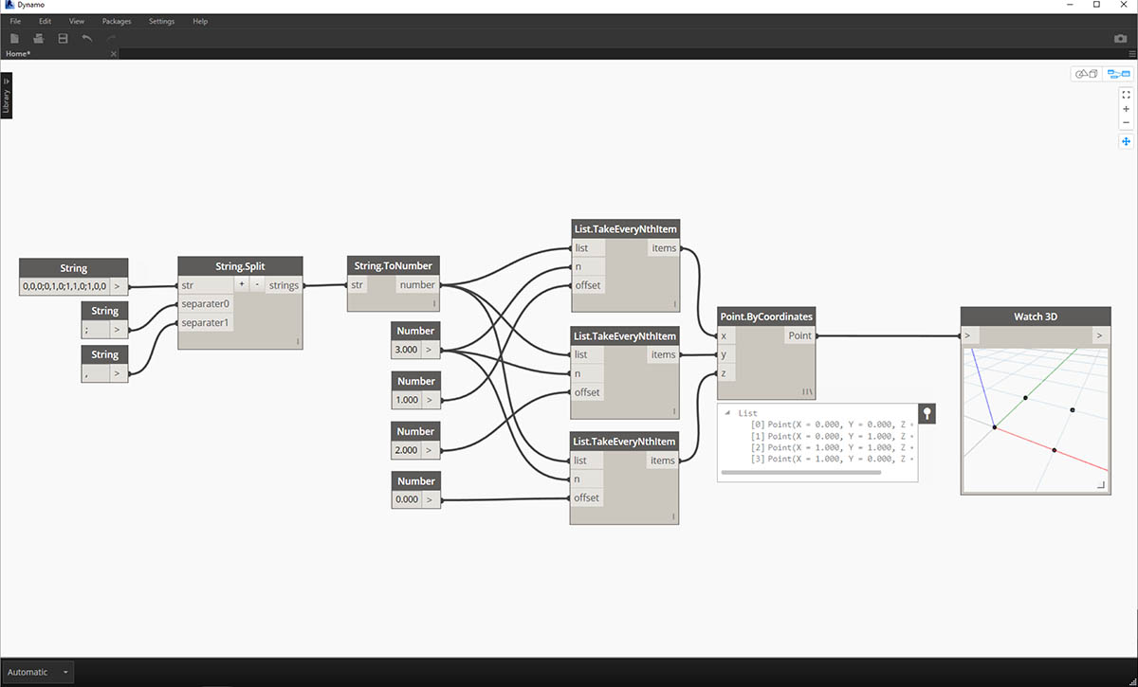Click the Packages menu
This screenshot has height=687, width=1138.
[117, 21]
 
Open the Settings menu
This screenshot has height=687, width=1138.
[161, 21]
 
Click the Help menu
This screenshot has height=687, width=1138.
[199, 21]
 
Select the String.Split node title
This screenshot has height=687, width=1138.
[240, 266]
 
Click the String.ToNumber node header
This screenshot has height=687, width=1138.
[393, 266]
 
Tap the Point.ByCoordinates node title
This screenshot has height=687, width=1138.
[767, 316]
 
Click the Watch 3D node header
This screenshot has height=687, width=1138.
[1035, 316]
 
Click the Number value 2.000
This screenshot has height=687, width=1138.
[407, 449]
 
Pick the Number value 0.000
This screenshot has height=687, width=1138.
[407, 499]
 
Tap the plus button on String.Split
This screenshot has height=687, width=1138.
[241, 285]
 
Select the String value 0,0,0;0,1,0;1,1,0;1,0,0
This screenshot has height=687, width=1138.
[64, 285]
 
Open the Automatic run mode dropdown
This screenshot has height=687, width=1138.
[38, 672]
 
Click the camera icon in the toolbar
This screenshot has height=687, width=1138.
[1120, 39]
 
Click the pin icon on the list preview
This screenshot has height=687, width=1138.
[927, 413]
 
